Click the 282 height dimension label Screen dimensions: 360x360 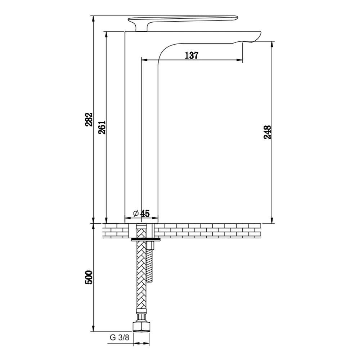click(x=89, y=120)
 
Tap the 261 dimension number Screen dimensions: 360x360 click(x=102, y=127)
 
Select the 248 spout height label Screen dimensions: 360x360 click(x=267, y=132)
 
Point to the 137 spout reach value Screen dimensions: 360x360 click(x=192, y=55)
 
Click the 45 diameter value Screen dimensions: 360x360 click(x=145, y=213)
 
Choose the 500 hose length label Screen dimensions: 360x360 click(x=89, y=277)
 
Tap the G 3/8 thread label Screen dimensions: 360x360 click(x=120, y=337)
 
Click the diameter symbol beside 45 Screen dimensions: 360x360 click(x=136, y=213)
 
